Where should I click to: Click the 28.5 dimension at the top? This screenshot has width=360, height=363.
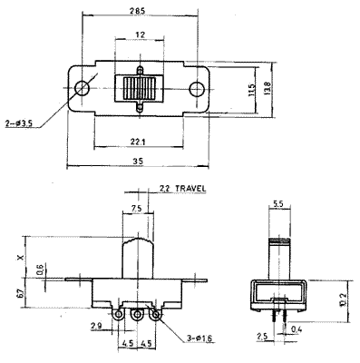[137, 11]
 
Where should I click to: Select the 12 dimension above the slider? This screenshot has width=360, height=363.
[140, 34]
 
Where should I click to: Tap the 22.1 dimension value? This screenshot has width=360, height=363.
[138, 142]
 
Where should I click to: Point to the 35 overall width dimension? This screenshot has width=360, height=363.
[138, 162]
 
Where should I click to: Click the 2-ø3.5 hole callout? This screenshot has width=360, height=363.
[19, 123]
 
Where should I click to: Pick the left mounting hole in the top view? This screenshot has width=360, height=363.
[82, 88]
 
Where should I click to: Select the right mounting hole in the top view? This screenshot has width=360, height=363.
[197, 89]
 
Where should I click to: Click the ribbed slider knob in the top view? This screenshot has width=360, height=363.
[140, 88]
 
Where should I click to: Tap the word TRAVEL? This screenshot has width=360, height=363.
[190, 189]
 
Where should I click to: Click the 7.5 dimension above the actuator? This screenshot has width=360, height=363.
[135, 208]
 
